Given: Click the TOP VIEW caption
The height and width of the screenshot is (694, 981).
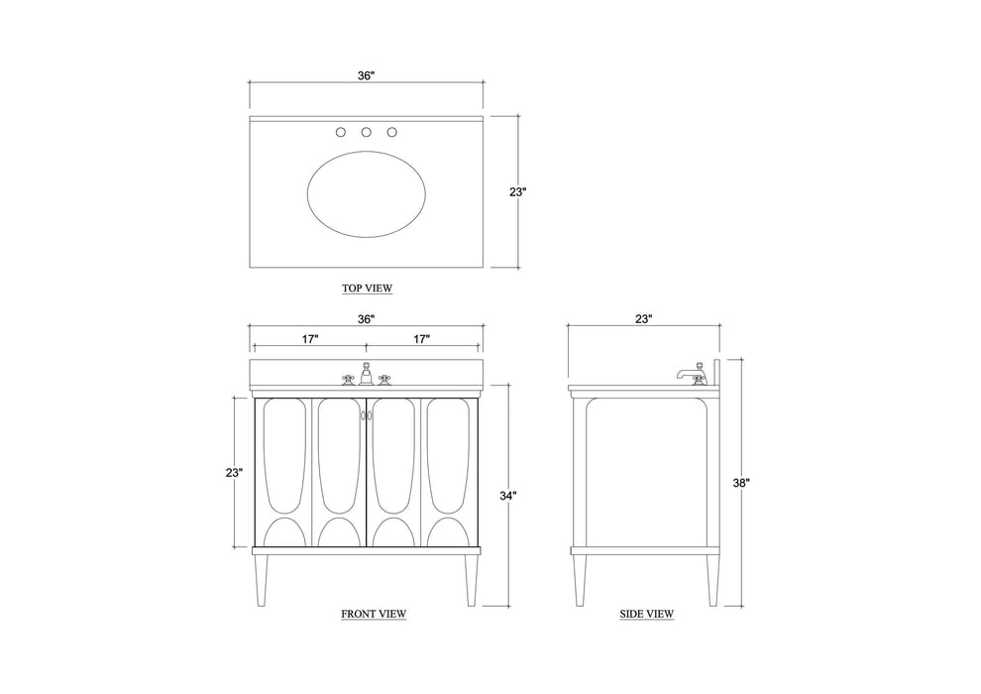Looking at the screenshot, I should (x=367, y=289).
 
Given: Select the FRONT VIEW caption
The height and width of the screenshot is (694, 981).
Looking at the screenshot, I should (x=374, y=614).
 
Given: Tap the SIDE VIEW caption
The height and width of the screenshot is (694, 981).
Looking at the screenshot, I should (x=647, y=614).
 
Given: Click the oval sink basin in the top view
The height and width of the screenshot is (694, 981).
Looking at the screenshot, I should (x=368, y=193).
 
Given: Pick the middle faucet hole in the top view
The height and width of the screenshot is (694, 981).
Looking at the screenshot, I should (x=366, y=132).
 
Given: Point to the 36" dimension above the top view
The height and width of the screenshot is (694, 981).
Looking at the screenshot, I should (x=367, y=75).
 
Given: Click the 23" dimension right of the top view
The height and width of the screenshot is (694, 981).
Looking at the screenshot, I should (x=517, y=192).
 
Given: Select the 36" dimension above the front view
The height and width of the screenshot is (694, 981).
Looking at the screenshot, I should (x=367, y=319).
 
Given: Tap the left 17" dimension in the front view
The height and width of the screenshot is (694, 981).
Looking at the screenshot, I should (x=310, y=339).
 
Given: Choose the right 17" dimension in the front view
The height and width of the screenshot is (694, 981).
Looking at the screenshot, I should (x=422, y=339).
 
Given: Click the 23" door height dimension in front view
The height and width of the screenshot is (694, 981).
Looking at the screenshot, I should (x=234, y=473).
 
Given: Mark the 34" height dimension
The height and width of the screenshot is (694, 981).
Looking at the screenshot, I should (x=508, y=495).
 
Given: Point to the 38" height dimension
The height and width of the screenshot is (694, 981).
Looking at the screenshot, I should (x=740, y=483).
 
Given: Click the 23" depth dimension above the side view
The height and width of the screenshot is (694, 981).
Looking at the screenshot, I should (x=644, y=319).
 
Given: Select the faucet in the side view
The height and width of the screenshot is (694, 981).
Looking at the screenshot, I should (x=690, y=374).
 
